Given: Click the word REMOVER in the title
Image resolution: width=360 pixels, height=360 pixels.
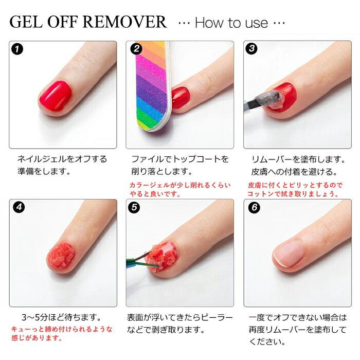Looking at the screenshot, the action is (124, 22).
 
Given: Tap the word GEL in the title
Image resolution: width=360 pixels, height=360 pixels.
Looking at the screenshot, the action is (26, 22).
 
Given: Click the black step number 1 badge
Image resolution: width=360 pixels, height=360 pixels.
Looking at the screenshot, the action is (17, 49).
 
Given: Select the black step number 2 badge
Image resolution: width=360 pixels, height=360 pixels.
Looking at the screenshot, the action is (136, 49).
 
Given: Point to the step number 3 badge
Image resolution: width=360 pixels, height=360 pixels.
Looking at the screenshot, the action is (252, 48).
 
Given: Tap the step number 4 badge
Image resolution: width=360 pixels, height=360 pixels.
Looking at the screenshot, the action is (19, 207).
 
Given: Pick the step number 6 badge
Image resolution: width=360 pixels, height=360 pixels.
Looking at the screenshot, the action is (254, 208).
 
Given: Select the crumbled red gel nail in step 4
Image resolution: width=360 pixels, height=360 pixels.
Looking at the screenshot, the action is (61, 255).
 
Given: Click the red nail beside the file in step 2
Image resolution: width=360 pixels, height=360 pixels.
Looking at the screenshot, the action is (181, 98).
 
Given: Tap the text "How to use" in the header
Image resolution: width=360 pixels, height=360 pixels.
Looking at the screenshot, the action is (231, 23).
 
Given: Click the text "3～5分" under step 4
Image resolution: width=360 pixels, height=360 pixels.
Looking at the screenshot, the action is (34, 317).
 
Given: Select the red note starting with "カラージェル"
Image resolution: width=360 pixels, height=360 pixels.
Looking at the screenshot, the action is (180, 189).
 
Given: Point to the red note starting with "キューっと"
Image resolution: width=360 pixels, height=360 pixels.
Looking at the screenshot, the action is (62, 333).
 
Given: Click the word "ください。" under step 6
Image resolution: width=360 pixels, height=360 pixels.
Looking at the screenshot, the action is (267, 341).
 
